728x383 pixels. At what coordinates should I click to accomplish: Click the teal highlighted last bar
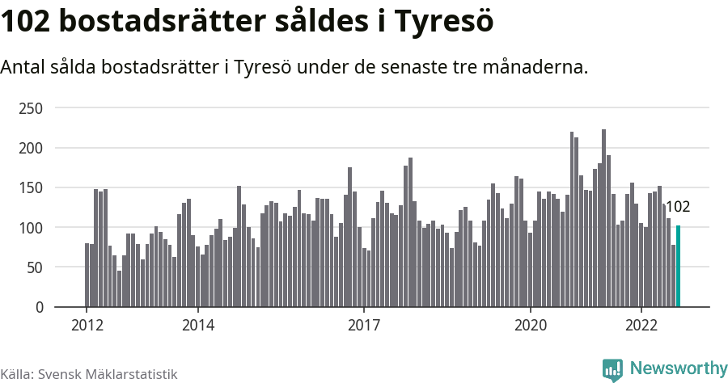(678, 267)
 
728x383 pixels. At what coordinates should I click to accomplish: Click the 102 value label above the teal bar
(677, 207)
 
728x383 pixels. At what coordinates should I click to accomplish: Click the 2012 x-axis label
(87, 325)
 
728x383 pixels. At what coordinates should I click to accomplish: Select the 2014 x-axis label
(197, 325)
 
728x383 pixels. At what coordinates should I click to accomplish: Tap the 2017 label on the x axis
(364, 325)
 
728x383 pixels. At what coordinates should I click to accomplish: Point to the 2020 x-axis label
(531, 325)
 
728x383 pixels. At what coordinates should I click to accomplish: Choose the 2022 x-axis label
(641, 325)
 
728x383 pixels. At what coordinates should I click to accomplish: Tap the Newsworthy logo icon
(612, 369)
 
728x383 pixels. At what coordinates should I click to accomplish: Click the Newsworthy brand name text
(679, 368)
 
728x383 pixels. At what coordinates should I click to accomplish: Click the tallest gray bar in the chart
(603, 218)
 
